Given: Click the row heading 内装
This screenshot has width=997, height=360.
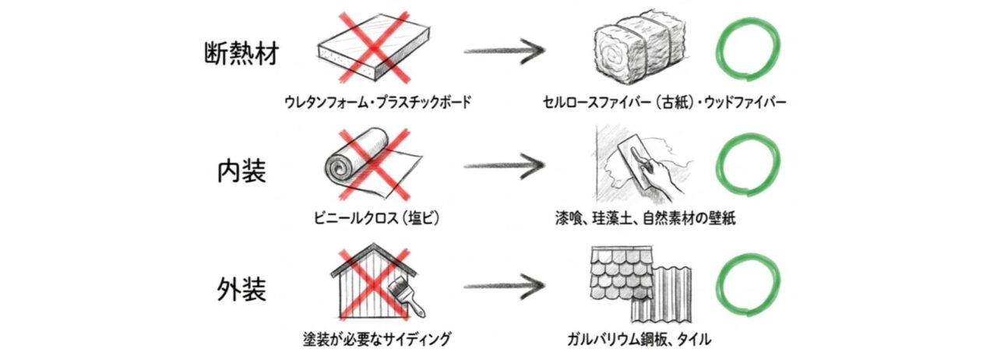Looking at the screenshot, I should (x=241, y=171).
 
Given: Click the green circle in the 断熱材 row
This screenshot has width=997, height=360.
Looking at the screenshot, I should (x=747, y=52).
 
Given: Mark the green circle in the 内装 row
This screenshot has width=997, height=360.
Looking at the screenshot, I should (x=747, y=167).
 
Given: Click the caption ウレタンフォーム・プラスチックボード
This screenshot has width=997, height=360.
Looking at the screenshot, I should (x=378, y=102).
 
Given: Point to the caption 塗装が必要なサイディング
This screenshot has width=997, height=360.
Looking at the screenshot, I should (x=377, y=340).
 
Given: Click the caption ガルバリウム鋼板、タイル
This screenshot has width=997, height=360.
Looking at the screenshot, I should (x=639, y=340).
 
